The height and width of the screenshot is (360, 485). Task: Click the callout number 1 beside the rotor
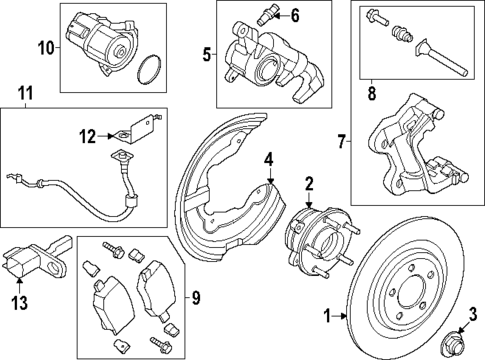click(x=327, y=316)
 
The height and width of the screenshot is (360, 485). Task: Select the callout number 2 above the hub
click(x=309, y=183)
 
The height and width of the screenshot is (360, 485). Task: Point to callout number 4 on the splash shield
click(x=267, y=160)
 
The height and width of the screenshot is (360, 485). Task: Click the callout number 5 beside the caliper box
click(x=207, y=55)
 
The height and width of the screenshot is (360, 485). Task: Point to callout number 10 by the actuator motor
click(x=44, y=47)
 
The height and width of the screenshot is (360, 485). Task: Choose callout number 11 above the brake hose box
click(x=25, y=95)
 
